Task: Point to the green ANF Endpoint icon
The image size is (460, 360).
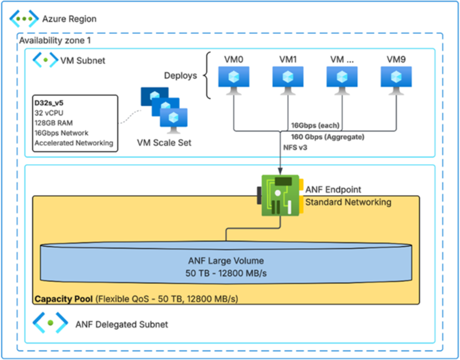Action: pyautogui.click(x=279, y=196)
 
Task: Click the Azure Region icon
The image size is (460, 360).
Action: pyautogui.click(x=24, y=19)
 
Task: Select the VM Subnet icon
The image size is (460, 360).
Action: pyautogui.click(x=45, y=60)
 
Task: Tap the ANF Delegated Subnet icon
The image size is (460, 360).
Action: pyautogui.click(x=50, y=323)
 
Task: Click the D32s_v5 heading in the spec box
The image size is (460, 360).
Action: pyautogui.click(x=49, y=103)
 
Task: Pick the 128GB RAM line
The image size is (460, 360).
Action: pyautogui.click(x=54, y=123)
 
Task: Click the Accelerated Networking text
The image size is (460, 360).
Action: pyautogui.click(x=74, y=143)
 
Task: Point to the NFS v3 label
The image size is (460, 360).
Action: pyautogui.click(x=295, y=148)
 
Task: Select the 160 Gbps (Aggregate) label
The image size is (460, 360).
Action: pyautogui.click(x=327, y=137)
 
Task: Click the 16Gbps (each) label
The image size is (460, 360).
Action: pyautogui.click(x=315, y=125)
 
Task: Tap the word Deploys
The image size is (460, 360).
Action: pyautogui.click(x=180, y=75)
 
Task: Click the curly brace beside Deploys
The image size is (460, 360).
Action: pyautogui.click(x=207, y=75)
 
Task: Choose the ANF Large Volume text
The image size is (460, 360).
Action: pyautogui.click(x=226, y=261)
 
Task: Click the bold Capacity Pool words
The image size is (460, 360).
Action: pyautogui.click(x=64, y=299)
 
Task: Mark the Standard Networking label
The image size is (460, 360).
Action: pyautogui.click(x=348, y=202)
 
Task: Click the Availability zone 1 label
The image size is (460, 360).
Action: pyautogui.click(x=55, y=41)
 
